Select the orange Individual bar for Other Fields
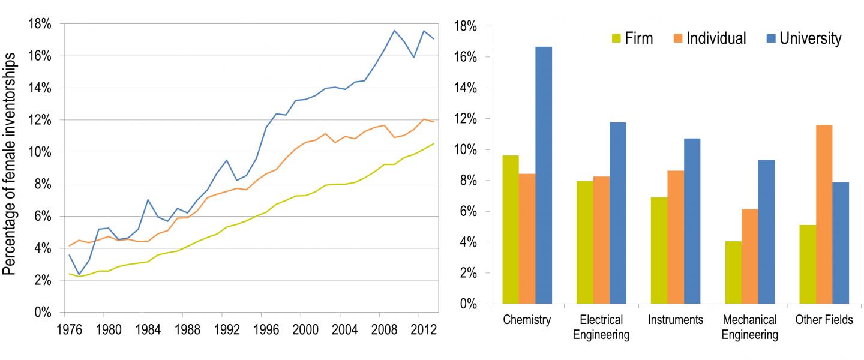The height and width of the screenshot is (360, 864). pos(824,214)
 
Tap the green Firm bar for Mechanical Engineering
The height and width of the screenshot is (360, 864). pos(733,272)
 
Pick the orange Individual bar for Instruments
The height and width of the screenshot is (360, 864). pos(676,237)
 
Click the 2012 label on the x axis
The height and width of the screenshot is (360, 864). pos(420,329)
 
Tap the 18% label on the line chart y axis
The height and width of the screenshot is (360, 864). pos(38,24)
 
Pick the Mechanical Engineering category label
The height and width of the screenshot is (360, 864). pos(749,327)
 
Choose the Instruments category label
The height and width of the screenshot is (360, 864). pos(675,320)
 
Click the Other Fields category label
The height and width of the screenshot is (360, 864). pos(823,320)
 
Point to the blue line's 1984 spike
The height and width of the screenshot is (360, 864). pos(148,200)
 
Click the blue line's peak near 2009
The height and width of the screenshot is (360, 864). pos(394,31)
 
